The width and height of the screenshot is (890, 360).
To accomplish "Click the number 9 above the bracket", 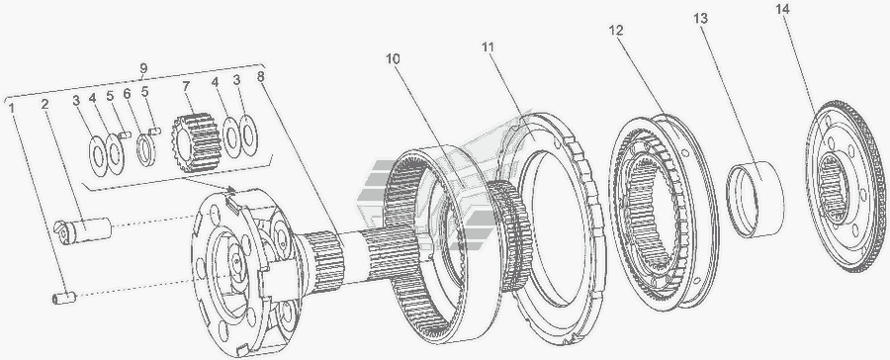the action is [144, 68].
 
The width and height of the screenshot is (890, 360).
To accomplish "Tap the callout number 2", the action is [44, 105].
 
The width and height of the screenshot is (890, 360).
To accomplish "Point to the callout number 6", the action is [127, 93].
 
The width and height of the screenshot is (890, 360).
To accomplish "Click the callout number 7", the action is [186, 87].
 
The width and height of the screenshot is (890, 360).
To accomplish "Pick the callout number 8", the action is [260, 77].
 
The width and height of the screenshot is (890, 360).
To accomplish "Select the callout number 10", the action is [393, 58].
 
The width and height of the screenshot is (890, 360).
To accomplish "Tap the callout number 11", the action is [489, 47].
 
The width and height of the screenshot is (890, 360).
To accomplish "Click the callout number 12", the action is [616, 30].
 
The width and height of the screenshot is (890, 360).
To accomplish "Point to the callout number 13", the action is [700, 18].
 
